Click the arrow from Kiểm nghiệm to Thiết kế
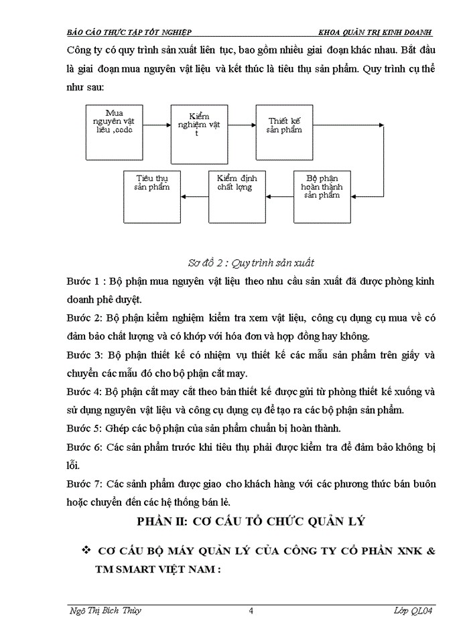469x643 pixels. (241, 125)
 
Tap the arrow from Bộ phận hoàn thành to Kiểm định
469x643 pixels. (280, 196)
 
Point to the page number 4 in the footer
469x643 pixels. (250, 610)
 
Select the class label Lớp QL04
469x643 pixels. (412, 610)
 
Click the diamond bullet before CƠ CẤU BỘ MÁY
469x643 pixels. (86, 550)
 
